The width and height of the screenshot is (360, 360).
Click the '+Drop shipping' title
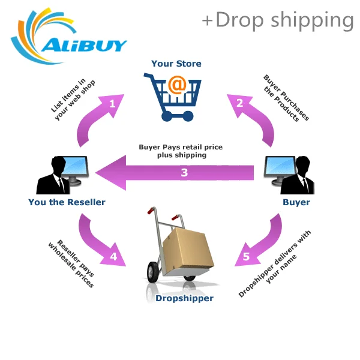click(x=278, y=20)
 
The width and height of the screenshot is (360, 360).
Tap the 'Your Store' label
click(x=176, y=64)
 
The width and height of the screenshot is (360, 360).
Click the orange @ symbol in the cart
click(x=176, y=86)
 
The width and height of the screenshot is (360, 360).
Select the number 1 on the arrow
click(x=112, y=103)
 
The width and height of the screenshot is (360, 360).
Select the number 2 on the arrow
click(x=239, y=103)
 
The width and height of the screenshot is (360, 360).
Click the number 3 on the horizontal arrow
click(x=184, y=173)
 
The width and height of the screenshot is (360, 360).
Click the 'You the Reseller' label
click(x=67, y=202)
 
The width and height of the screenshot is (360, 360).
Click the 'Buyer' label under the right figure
click(x=296, y=202)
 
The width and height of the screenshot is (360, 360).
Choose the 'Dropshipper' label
click(x=184, y=298)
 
